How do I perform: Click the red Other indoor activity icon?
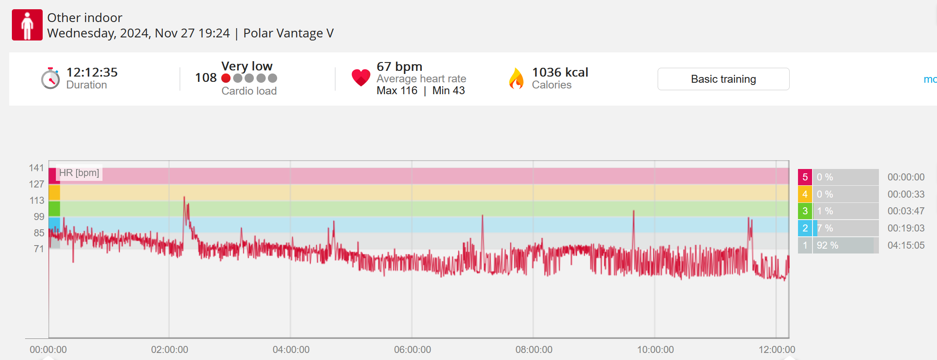click(x=27, y=25)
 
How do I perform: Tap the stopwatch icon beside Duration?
click(x=51, y=79)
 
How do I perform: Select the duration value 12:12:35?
click(x=92, y=72)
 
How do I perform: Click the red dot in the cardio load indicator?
click(x=226, y=78)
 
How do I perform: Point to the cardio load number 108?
click(x=206, y=78)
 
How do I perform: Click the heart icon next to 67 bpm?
click(x=361, y=78)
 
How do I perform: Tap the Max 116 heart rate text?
click(x=397, y=91)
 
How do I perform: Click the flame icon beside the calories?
click(x=516, y=79)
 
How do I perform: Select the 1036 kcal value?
click(x=560, y=72)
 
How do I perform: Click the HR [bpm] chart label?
click(x=79, y=173)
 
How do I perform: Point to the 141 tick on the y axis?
click(x=37, y=168)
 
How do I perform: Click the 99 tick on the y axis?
click(x=39, y=217)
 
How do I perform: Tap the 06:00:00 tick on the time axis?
click(x=412, y=350)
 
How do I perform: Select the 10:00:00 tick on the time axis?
click(x=655, y=350)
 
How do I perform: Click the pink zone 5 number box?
click(x=805, y=177)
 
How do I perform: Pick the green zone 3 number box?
click(x=805, y=211)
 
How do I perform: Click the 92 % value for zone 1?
click(x=827, y=245)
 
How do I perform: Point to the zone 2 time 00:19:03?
click(x=906, y=228)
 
